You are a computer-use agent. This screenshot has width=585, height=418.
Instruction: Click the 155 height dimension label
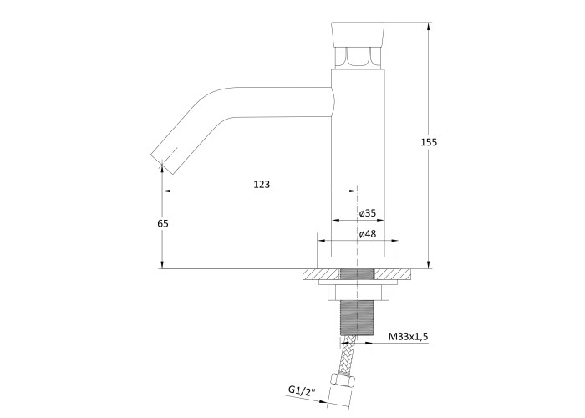pyautogui.click(x=429, y=142)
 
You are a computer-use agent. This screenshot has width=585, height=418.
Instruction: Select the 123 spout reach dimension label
pyautogui.click(x=262, y=185)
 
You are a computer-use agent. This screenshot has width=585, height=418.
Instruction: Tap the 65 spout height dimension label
pyautogui.click(x=163, y=223)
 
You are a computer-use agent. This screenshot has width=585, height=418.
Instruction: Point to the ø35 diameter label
pyautogui.click(x=368, y=213)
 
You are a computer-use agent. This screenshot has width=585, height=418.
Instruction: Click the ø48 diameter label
pyautogui.click(x=368, y=234)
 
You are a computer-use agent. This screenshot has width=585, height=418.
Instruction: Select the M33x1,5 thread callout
pyautogui.click(x=409, y=337)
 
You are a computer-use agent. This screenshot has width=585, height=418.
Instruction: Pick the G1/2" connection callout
pyautogui.click(x=302, y=390)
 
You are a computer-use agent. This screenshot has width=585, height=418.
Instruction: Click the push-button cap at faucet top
pyautogui.click(x=358, y=34)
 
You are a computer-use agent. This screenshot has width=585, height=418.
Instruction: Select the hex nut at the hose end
pyautogui.click(x=343, y=381)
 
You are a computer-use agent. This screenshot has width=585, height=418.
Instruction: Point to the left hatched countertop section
pyautogui.click(x=322, y=274)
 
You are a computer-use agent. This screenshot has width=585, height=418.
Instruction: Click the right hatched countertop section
pyautogui.click(x=393, y=274)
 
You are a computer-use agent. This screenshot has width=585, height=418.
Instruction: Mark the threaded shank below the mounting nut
pyautogui.click(x=358, y=317)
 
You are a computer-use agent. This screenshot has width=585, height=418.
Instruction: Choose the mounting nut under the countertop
pyautogui.click(x=358, y=293)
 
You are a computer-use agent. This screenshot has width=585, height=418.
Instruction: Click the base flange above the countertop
pyautogui.click(x=358, y=263)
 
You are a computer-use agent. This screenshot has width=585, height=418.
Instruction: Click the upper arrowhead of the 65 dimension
pyautogui.click(x=163, y=170)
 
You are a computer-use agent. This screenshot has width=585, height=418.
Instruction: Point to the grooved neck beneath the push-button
pyautogui.click(x=358, y=58)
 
